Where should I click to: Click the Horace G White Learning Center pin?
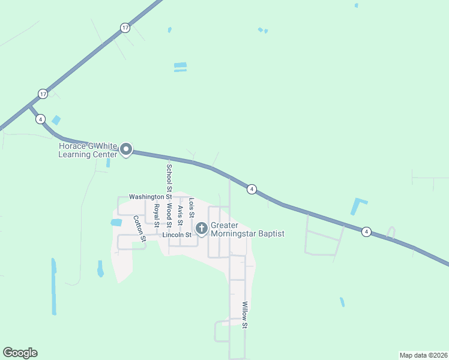coord(126,149)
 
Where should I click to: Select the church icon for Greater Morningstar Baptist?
coord(201,228)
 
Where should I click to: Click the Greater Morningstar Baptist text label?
coord(247,230)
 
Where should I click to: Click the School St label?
coord(169,174)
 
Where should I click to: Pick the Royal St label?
coord(157,215)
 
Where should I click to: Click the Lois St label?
coord(191,208)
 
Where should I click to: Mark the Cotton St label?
coord(140,228)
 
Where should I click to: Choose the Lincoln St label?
coord(176,235)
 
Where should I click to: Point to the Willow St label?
coord(245,315)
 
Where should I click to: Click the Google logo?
coord(20,353)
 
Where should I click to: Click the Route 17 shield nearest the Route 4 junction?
coord(43,94)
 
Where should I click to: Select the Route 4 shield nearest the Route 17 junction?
coord(40,119)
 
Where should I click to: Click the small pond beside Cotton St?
coord(116,223)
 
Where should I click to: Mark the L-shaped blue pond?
coord(359,206)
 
